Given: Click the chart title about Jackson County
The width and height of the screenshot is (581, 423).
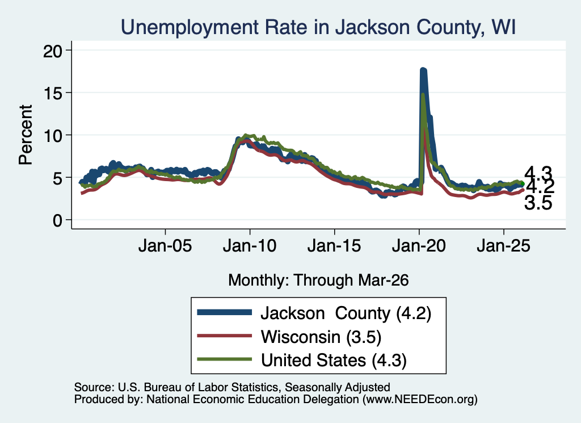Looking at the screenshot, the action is point(318,27).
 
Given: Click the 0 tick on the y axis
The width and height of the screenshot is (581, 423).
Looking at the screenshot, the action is point(57,220).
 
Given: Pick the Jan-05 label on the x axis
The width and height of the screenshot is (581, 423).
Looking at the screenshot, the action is point(165,246).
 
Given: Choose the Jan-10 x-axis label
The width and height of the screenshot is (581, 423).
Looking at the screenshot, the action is point(250,246).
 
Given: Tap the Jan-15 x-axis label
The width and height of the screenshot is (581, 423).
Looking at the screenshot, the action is point(334,246).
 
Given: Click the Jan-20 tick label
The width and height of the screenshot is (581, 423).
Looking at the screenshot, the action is point(419,246).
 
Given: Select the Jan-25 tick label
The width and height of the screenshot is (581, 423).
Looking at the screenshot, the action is point(504,246).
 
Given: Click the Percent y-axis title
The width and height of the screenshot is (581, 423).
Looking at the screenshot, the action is point(26,135).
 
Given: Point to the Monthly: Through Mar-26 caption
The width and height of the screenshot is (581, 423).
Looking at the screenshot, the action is point(318,280).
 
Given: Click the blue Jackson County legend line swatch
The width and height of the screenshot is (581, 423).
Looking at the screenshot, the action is point(224,312).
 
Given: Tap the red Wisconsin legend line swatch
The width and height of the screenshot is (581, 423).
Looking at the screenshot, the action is point(224,336).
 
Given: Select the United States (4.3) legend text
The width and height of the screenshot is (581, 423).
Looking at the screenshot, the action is point(334,360).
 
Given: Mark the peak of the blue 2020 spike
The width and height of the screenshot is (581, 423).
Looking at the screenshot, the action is point(423,69).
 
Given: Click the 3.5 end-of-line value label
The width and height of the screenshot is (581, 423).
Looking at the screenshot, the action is point(538,203).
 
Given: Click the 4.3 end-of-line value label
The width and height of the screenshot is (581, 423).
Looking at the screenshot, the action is point(538,173).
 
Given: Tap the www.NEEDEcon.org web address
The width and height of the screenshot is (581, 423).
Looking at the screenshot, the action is point(420,399).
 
